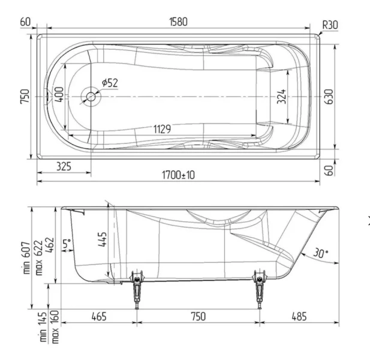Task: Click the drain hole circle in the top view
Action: [x=91, y=96]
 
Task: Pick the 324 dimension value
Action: [x=282, y=96]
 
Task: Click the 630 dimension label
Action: [x=328, y=96]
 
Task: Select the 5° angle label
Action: [x=67, y=244]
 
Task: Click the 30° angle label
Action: [x=321, y=254]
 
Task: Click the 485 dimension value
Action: [x=299, y=316]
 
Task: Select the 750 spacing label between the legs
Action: [x=197, y=316]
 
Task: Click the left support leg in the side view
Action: [x=138, y=289]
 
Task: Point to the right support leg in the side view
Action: [x=260, y=289]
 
